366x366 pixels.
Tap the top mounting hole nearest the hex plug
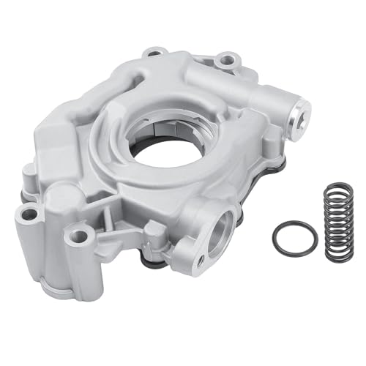(x=227, y=57)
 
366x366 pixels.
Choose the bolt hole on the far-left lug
(x=29, y=214)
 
